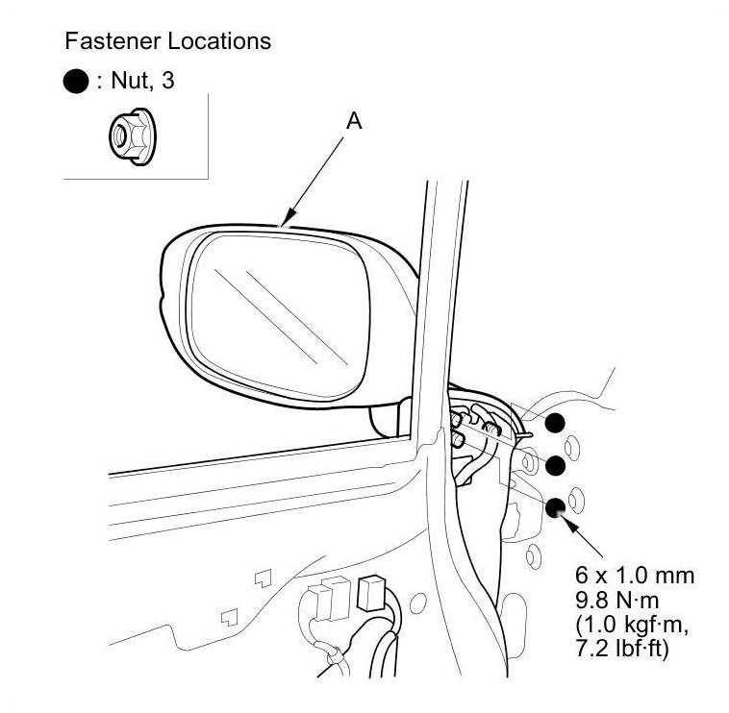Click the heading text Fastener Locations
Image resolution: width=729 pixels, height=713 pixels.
pos(167,41)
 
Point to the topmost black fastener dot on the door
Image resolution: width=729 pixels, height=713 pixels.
pos(555,422)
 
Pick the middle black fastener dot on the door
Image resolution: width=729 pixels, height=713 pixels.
pos(554,465)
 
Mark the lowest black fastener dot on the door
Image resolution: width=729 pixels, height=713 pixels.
pos(555,509)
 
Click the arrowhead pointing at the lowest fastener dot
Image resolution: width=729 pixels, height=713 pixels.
pos(570,523)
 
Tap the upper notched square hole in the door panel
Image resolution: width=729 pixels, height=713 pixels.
pos(263,578)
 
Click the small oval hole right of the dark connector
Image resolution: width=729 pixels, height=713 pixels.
pos(415,603)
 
